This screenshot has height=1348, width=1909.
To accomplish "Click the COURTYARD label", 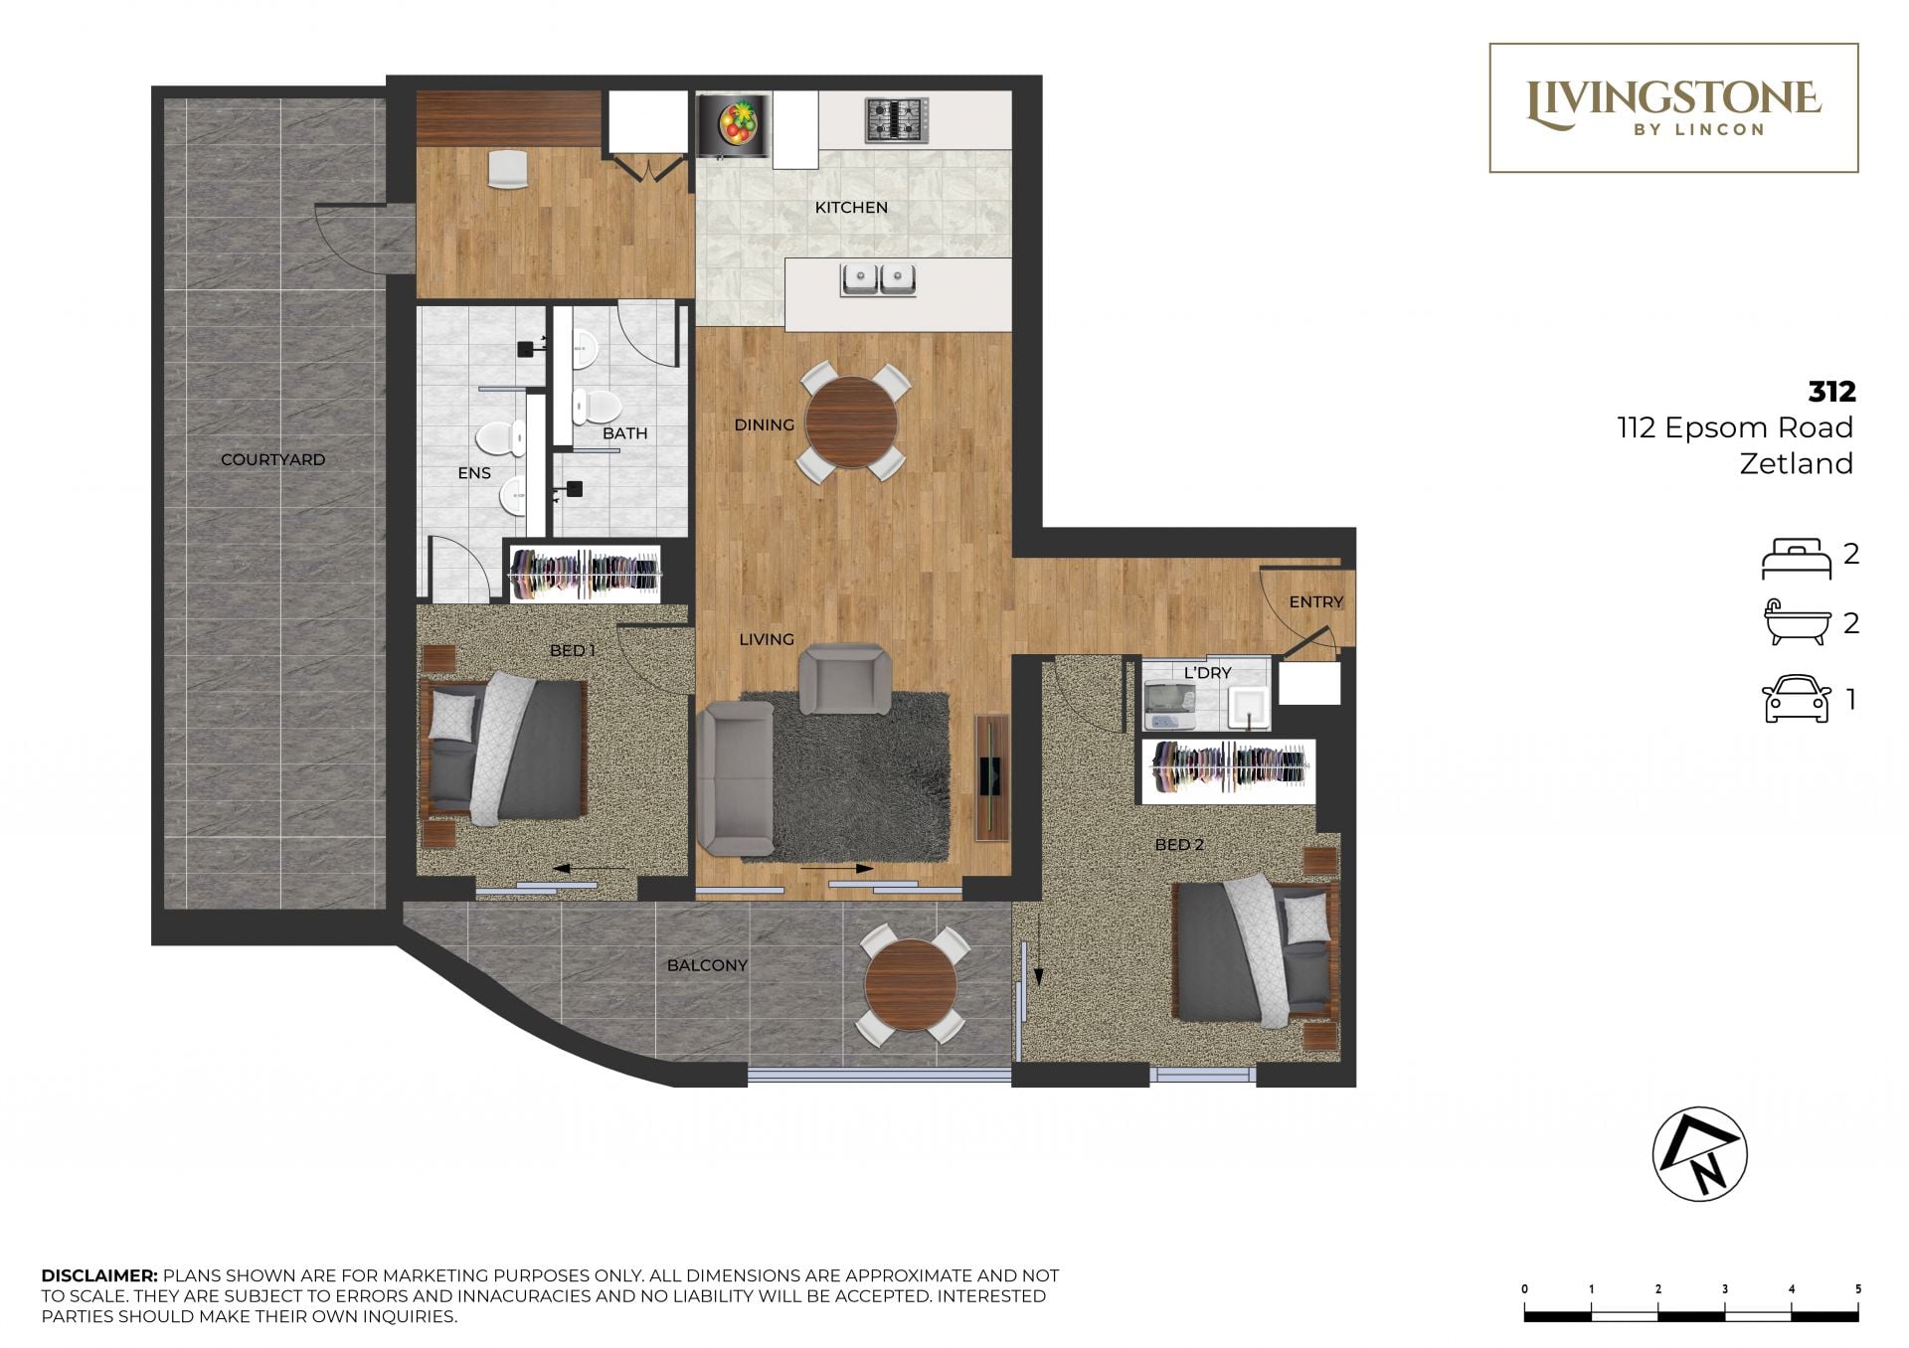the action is [x=272, y=459].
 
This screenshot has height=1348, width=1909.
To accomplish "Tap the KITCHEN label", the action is [x=851, y=207].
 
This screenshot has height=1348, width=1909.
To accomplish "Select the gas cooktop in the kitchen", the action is [x=896, y=120].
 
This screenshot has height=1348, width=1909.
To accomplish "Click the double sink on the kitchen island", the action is [x=879, y=279].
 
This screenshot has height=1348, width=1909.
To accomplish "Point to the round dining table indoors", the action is [x=852, y=421].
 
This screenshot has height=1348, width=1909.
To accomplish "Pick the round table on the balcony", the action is [x=911, y=985].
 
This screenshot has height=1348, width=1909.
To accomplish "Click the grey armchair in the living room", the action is [x=845, y=679].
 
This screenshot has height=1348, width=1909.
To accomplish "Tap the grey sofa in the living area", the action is [x=735, y=777].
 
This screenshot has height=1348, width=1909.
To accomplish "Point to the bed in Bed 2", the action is [x=1253, y=951].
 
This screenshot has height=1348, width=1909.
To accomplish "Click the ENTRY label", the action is [x=1315, y=601].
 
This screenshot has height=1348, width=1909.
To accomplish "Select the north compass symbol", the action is [x=1699, y=1154].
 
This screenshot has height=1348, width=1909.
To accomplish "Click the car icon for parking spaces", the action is [x=1796, y=699].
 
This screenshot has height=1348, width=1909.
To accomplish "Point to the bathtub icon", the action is [x=1797, y=623].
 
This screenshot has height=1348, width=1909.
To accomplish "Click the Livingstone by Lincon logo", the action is [x=1673, y=107].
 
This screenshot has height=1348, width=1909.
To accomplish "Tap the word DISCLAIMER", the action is [x=99, y=1275].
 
